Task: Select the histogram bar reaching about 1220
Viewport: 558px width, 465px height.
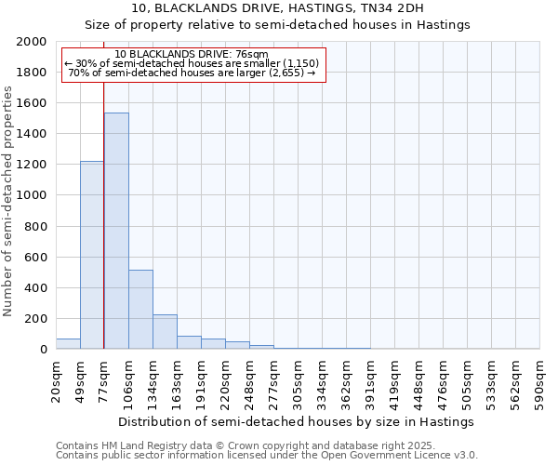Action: [92, 255]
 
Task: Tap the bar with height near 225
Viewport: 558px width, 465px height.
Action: [165, 331]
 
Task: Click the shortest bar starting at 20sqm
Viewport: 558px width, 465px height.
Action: [68, 343]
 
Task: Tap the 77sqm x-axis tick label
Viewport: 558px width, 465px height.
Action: [104, 379]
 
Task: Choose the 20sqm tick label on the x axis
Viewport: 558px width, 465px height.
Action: [56, 379]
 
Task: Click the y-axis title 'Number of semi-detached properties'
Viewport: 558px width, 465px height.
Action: [8, 201]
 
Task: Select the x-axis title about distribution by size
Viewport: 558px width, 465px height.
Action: [297, 421]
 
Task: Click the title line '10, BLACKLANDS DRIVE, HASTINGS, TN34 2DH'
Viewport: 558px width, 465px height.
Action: [278, 8]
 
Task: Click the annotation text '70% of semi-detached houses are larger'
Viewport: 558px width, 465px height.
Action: [193, 73]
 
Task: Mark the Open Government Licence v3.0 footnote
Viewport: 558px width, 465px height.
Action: [266, 456]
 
